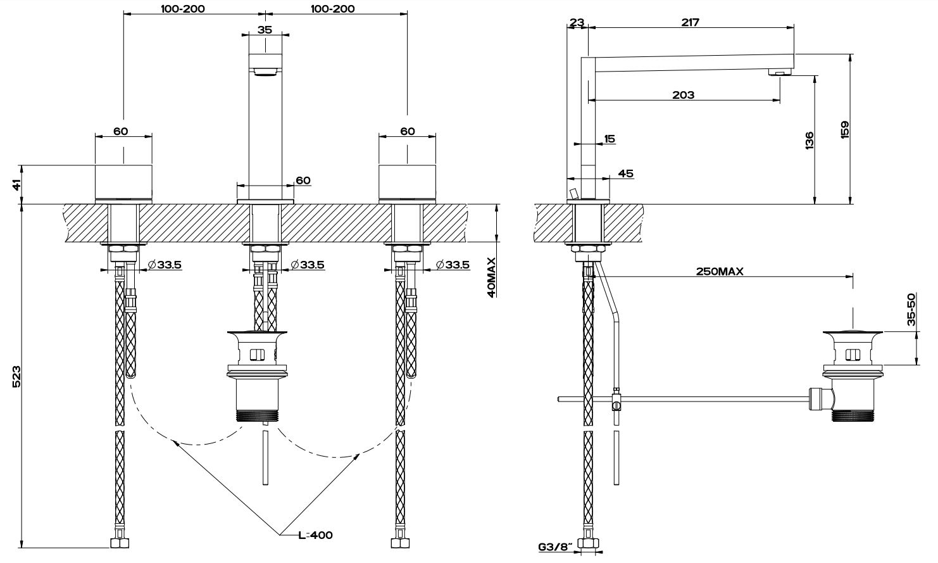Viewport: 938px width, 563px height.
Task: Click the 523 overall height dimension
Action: pyautogui.click(x=17, y=376)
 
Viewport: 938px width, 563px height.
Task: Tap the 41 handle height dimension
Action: pyautogui.click(x=17, y=184)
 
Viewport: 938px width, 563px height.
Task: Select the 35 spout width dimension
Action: pyautogui.click(x=265, y=29)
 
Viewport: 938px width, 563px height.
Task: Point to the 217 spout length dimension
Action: pyautogui.click(x=690, y=23)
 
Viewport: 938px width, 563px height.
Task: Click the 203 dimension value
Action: pyautogui.click(x=684, y=95)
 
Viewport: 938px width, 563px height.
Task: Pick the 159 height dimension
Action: pyautogui.click(x=844, y=130)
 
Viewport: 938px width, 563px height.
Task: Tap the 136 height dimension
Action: pyautogui.click(x=810, y=141)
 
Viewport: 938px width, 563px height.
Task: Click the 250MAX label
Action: pyautogui.click(x=720, y=271)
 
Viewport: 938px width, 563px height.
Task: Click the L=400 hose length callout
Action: pyautogui.click(x=315, y=535)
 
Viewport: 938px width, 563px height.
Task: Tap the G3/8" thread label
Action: pyautogui.click(x=555, y=545)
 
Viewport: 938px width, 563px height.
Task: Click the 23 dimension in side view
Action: pyautogui.click(x=576, y=23)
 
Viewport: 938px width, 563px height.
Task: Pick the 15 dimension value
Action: pyautogui.click(x=610, y=139)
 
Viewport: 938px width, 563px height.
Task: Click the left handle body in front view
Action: pyautogui.click(x=123, y=183)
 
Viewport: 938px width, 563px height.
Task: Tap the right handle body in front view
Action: pyautogui.click(x=407, y=183)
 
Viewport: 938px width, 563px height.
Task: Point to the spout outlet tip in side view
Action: pyautogui.click(x=780, y=73)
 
